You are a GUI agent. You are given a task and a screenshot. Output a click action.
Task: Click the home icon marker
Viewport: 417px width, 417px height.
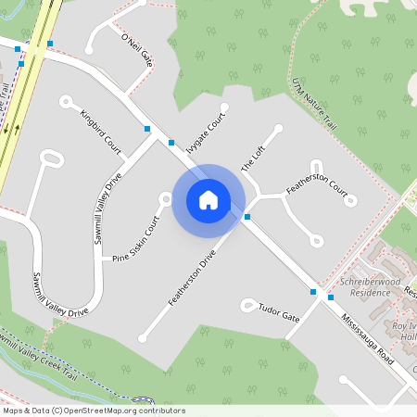(208, 200)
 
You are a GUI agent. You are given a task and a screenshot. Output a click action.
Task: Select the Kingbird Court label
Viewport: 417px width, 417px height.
(101, 133)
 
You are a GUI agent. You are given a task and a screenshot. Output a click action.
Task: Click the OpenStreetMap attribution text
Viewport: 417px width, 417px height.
(93, 411)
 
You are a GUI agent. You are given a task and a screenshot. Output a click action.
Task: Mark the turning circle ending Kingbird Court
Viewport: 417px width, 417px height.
(66, 100)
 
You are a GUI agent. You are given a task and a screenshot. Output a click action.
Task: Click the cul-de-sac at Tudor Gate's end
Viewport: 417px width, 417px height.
(246, 303)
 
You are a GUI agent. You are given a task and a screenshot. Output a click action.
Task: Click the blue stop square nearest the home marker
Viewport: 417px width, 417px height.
(247, 216)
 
